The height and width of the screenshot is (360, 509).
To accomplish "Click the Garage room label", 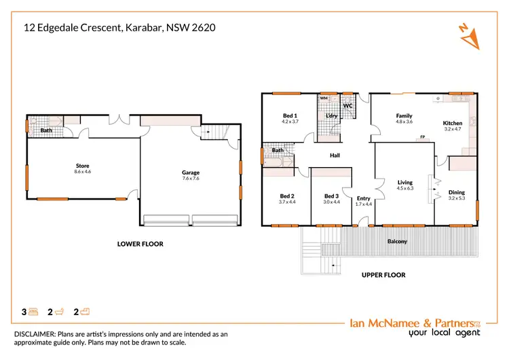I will click(x=191, y=173).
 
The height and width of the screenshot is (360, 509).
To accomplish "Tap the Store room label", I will click(x=82, y=166).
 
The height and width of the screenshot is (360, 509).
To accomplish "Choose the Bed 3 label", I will click(x=331, y=196).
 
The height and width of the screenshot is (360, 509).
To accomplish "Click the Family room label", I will click(x=404, y=116).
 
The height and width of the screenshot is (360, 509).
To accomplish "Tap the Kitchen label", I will click(x=453, y=124).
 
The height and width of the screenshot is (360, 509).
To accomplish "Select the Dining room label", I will click(x=457, y=193).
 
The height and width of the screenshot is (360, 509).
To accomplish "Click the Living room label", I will click(x=405, y=182).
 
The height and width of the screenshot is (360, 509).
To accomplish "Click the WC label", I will click(x=347, y=106).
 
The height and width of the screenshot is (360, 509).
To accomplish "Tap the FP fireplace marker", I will click(x=422, y=137).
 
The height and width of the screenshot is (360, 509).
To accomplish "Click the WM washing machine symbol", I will click(x=324, y=98).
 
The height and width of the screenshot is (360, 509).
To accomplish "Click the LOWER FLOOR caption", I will click(x=140, y=244).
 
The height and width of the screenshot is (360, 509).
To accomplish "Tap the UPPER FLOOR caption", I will click(x=383, y=275).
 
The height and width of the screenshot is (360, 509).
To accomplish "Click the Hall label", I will click(x=335, y=156).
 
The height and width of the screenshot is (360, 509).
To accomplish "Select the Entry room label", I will click(x=364, y=198).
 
